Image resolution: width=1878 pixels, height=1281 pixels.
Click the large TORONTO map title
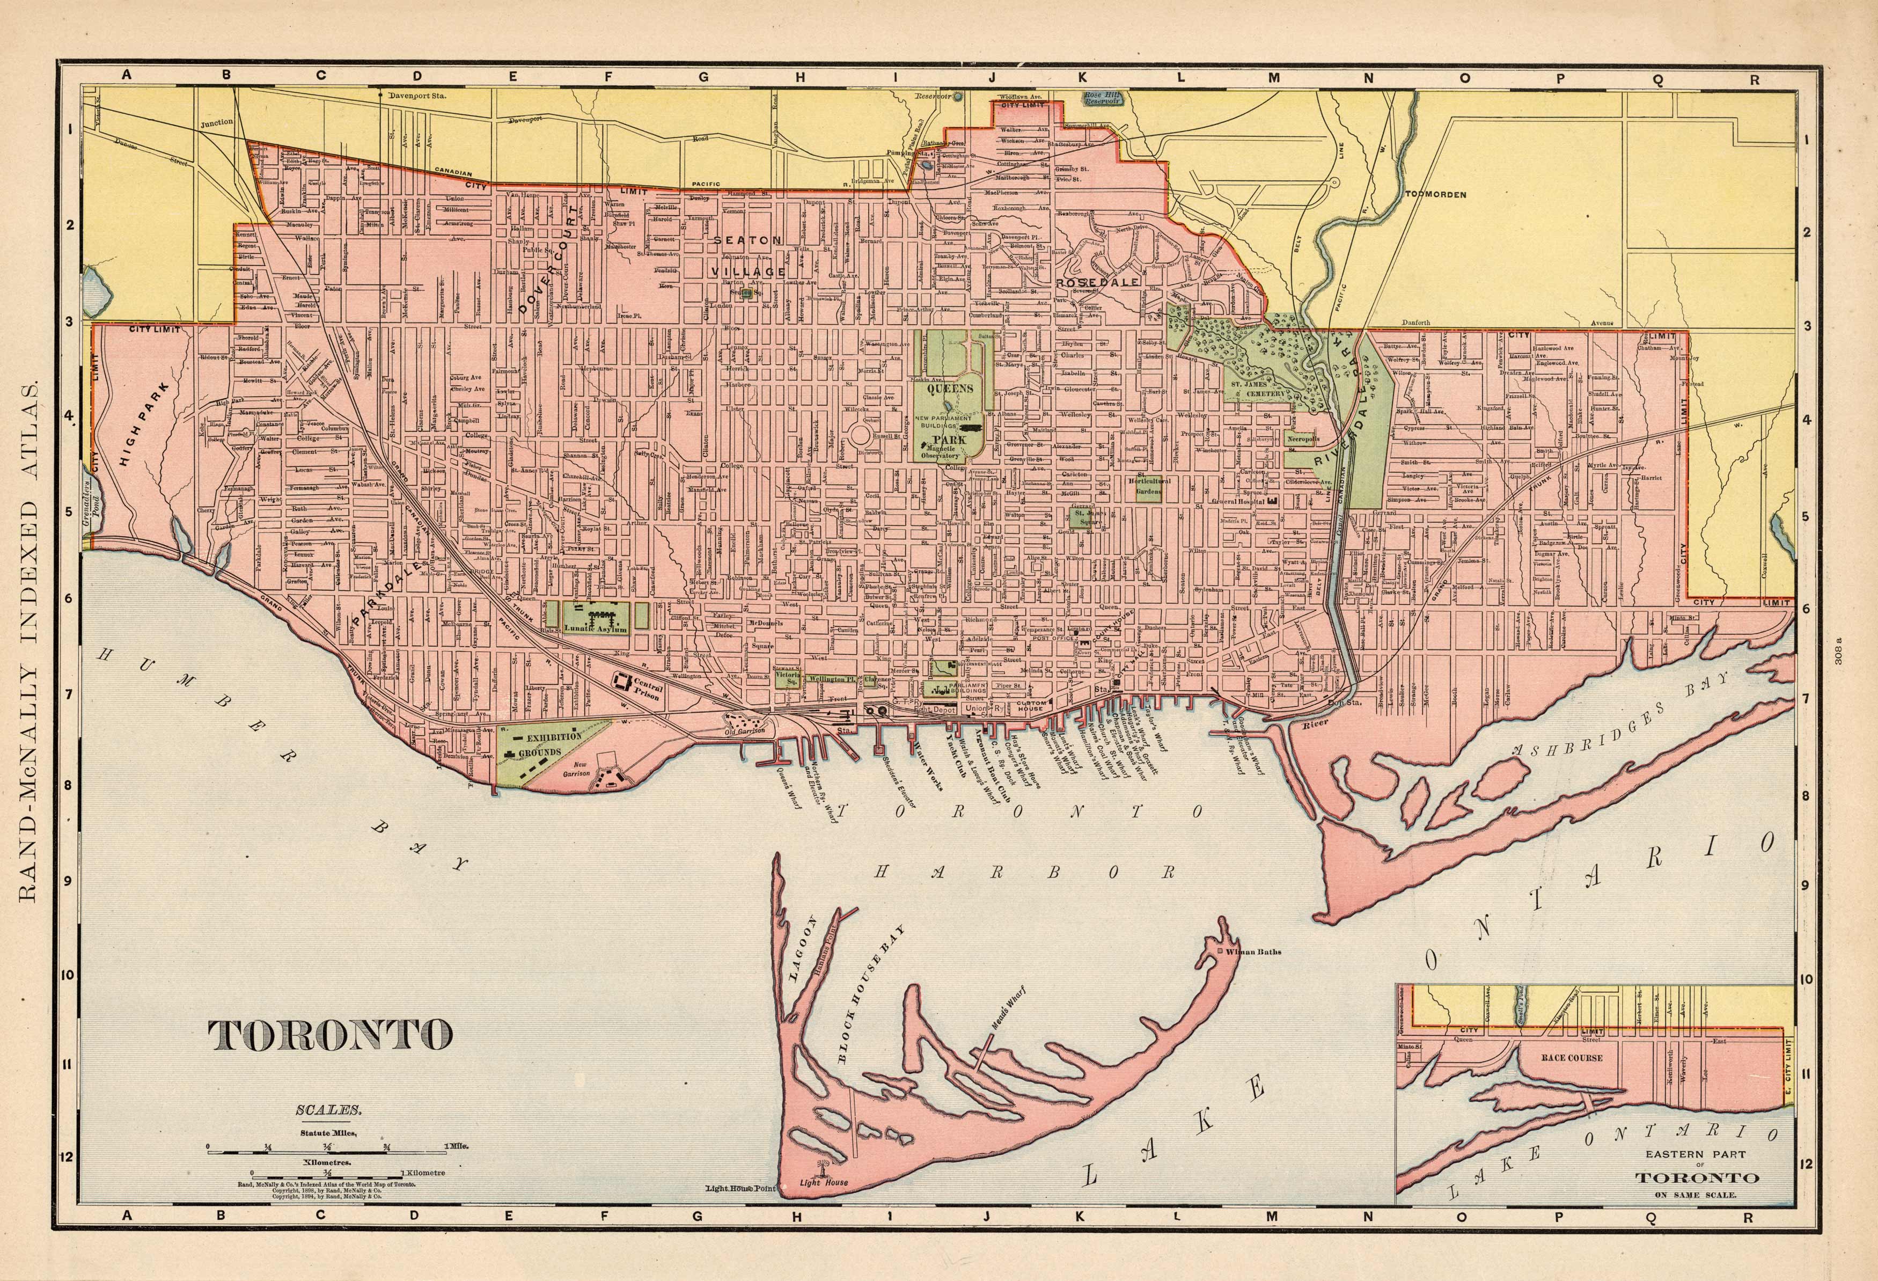329,1035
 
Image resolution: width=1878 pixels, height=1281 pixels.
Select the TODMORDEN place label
1435,195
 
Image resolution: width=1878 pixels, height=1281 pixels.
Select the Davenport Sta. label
419,94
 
